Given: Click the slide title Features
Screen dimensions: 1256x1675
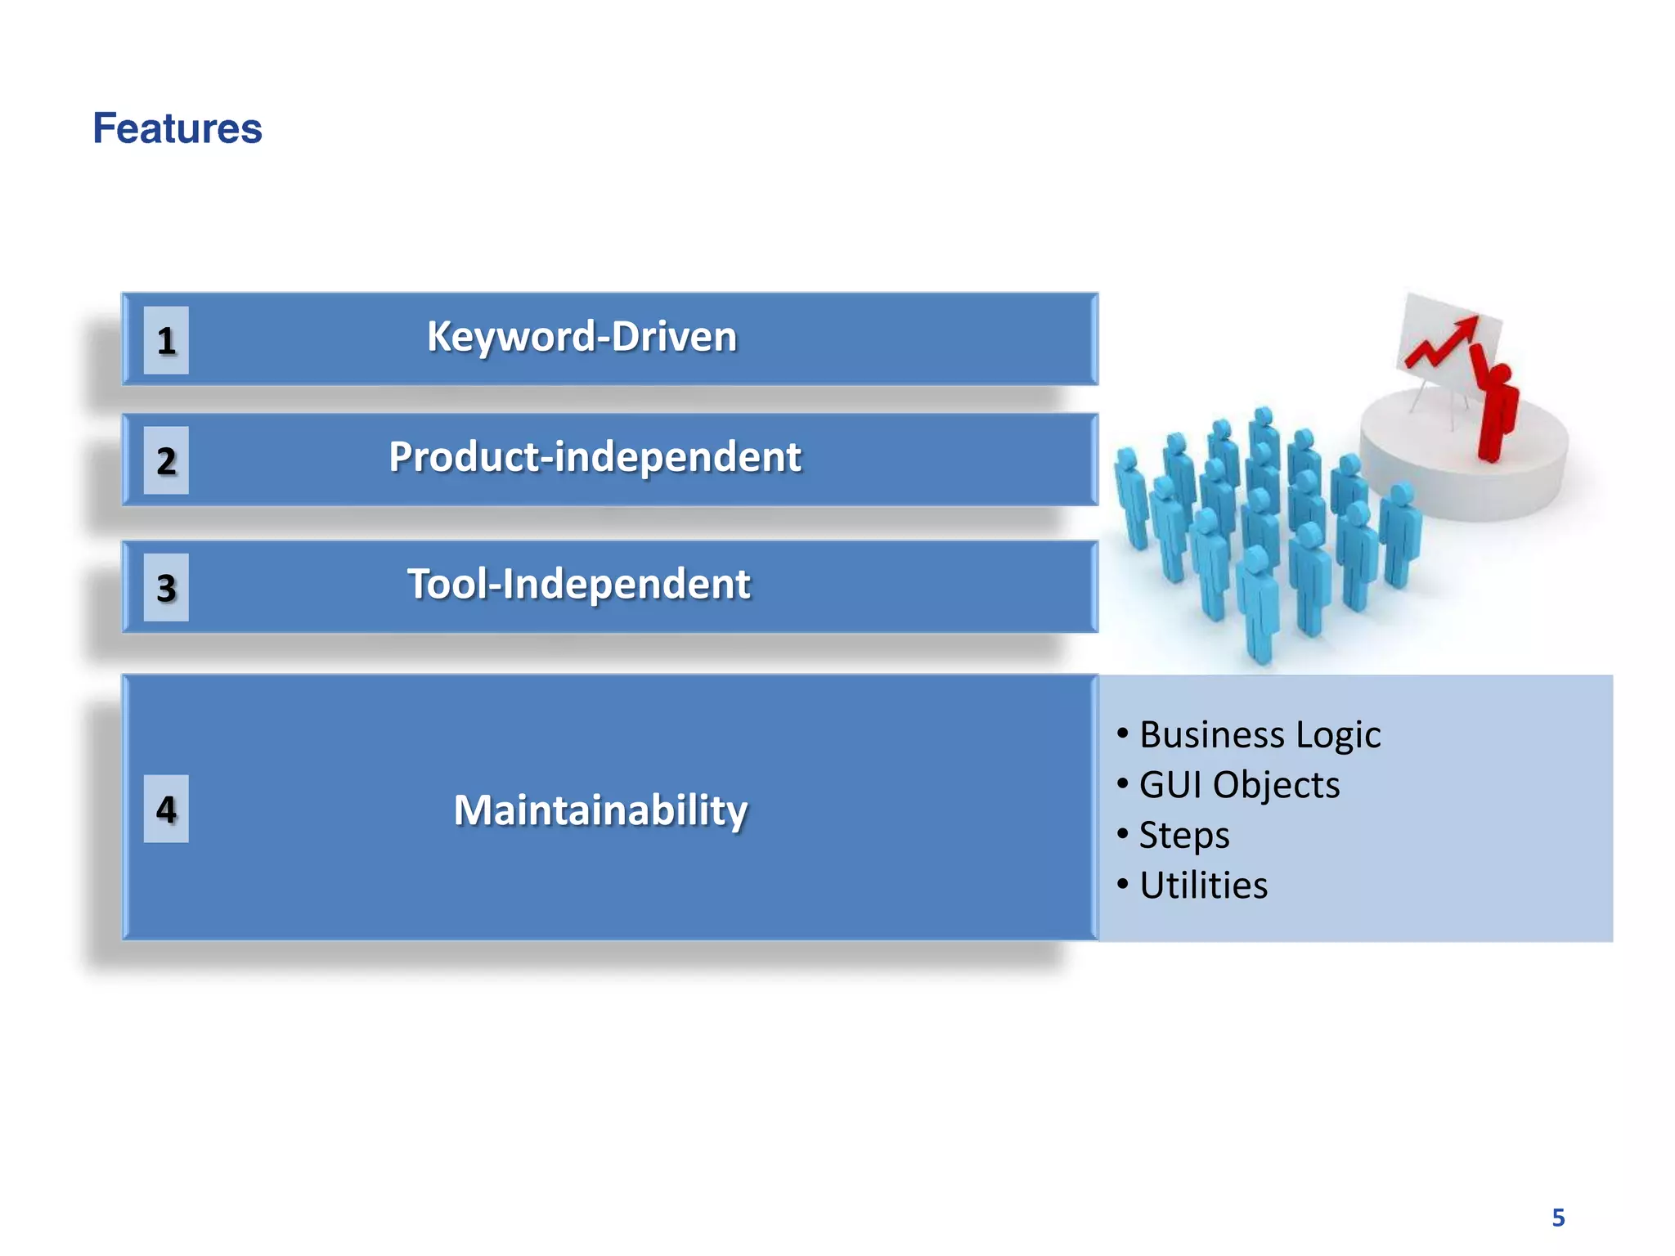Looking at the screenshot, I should click(x=177, y=128).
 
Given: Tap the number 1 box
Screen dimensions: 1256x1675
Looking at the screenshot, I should click(x=166, y=340).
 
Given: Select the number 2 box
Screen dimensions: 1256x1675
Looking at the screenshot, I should click(x=166, y=460).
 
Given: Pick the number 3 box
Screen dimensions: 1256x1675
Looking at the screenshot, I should click(x=166, y=588).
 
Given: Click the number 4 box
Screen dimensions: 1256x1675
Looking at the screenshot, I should click(x=166, y=809).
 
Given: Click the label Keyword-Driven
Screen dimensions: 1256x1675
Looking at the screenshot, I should click(x=582, y=337).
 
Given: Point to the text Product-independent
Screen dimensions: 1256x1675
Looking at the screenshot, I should click(x=595, y=456).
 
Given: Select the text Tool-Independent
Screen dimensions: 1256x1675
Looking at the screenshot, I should click(x=578, y=584).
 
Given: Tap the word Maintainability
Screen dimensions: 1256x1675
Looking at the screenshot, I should click(x=600, y=810).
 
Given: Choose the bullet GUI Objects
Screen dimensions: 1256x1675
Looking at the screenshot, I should click(x=1238, y=785).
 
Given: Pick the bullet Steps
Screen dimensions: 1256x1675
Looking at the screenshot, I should click(x=1183, y=835).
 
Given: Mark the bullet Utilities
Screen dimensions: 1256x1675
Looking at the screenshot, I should click(x=1202, y=886).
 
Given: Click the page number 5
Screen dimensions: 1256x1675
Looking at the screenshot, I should click(x=1558, y=1218).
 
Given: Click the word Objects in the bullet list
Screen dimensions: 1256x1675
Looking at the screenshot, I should click(x=1276, y=785).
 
